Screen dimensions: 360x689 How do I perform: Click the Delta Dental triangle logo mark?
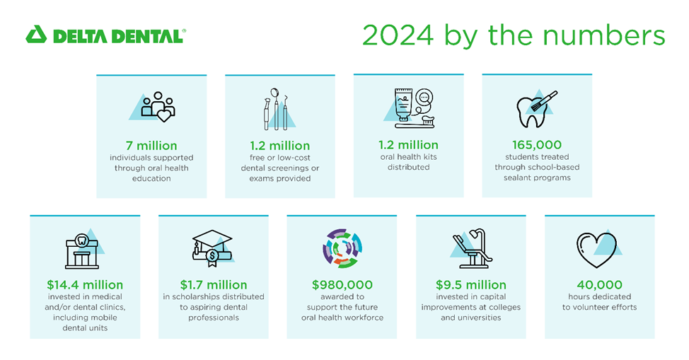point(36,35)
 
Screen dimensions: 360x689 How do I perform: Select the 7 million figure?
point(151,145)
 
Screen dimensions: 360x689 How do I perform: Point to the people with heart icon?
point(157,106)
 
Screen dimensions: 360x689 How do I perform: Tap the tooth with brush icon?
point(535,108)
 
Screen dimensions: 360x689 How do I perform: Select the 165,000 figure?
point(537,145)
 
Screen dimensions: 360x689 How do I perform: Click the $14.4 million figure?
point(85,285)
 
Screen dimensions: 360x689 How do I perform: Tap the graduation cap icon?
point(212,250)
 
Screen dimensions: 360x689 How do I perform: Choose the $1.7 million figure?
point(213,285)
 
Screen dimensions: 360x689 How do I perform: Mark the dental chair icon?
point(470,248)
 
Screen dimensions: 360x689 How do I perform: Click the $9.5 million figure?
point(470,285)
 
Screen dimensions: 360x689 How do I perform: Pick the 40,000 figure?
point(599,285)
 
